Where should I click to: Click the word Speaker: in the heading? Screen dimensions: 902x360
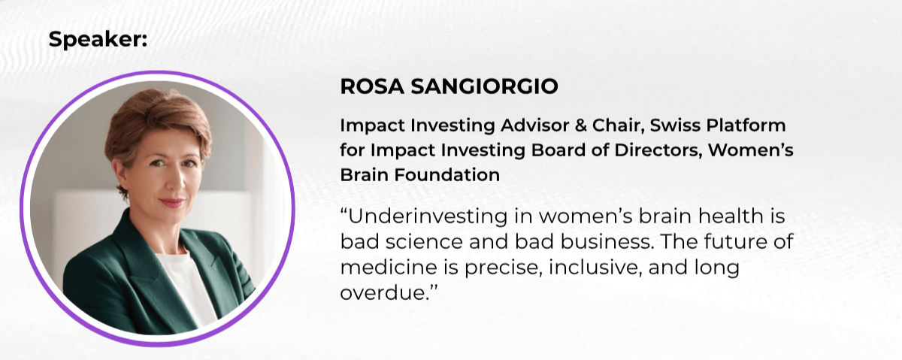pos(98,40)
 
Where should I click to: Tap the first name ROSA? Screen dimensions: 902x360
pos(372,86)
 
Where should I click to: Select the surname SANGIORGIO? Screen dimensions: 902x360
pos(484,86)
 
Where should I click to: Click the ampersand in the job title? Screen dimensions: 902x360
pos(580,126)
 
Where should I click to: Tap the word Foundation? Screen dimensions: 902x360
pos(447,175)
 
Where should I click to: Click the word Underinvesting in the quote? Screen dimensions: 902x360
pos(427,216)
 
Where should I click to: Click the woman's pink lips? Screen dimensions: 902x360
pos(172,202)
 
